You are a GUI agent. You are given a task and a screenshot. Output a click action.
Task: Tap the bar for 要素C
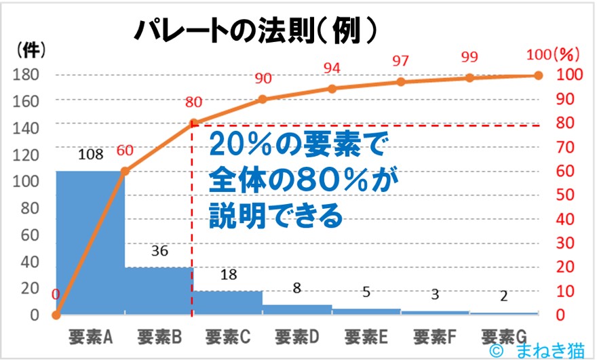click(228, 302)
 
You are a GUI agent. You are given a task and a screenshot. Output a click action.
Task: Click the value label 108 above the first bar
click(90, 155)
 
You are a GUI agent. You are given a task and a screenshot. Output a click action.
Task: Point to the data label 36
click(159, 251)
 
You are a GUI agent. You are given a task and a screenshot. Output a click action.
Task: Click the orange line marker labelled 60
click(125, 172)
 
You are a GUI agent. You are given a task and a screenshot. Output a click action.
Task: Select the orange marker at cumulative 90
click(263, 99)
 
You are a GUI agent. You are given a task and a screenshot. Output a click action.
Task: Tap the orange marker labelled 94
click(332, 89)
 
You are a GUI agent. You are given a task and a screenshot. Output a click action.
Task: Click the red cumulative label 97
click(400, 61)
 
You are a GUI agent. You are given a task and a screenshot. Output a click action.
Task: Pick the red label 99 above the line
click(469, 56)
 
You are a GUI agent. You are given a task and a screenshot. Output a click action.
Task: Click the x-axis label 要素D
click(297, 336)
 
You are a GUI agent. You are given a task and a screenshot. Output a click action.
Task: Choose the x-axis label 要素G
click(503, 336)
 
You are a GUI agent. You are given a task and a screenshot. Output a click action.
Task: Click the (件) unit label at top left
click(28, 49)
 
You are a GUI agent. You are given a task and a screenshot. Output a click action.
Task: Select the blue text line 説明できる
click(275, 218)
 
